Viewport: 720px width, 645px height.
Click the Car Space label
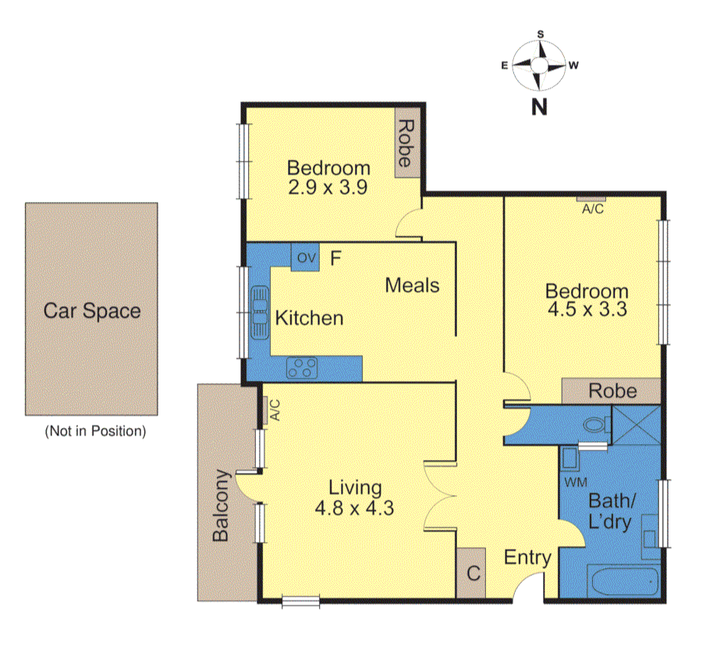92,311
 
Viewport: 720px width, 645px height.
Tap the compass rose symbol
538,66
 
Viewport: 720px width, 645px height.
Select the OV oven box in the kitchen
305,257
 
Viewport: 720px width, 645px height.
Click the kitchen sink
260,312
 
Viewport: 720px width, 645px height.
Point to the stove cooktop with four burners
302,368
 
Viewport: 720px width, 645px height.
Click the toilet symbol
597,424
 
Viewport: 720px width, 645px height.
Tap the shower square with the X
637,426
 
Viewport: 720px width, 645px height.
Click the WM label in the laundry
576,483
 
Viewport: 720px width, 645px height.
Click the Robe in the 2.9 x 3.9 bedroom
408,143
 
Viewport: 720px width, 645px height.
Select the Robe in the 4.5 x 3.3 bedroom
612,391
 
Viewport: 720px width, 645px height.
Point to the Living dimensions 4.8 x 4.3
354,508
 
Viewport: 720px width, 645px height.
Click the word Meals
412,286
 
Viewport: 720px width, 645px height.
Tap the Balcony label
221,505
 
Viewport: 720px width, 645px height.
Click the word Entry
527,558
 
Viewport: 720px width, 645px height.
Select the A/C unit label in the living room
275,410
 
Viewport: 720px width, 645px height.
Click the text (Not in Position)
95,431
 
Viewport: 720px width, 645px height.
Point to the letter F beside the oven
335,258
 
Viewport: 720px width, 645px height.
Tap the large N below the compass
539,107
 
